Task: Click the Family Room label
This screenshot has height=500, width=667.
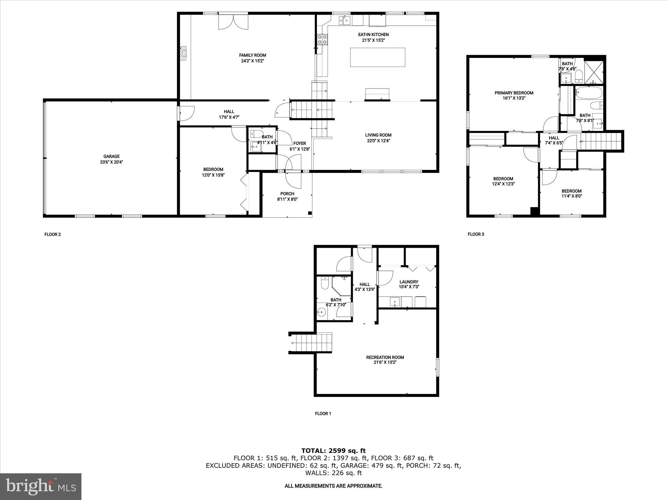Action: (x=252, y=55)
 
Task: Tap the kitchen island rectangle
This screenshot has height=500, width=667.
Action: (x=377, y=57)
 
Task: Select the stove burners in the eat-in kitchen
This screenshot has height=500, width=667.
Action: (x=322, y=40)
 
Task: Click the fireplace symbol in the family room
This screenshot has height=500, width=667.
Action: (x=184, y=53)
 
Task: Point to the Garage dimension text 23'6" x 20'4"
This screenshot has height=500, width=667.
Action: (x=112, y=162)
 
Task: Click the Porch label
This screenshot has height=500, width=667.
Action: (x=287, y=194)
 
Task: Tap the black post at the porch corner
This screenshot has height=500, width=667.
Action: (x=310, y=213)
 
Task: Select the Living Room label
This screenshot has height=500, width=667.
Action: (x=378, y=135)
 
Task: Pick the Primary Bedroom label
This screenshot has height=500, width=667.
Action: (x=514, y=93)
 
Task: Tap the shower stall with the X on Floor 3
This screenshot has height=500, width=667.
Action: (x=594, y=72)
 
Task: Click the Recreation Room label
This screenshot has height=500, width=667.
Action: (x=385, y=357)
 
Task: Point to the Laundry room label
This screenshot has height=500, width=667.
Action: (x=409, y=282)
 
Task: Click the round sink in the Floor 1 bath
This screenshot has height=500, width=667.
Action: (x=321, y=313)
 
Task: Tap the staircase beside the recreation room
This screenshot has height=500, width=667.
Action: (x=311, y=343)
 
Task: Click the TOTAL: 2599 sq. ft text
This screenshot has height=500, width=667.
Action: (x=333, y=451)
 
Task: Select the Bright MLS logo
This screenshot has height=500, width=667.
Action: (x=41, y=486)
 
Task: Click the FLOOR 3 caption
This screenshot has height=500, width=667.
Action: (x=476, y=234)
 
